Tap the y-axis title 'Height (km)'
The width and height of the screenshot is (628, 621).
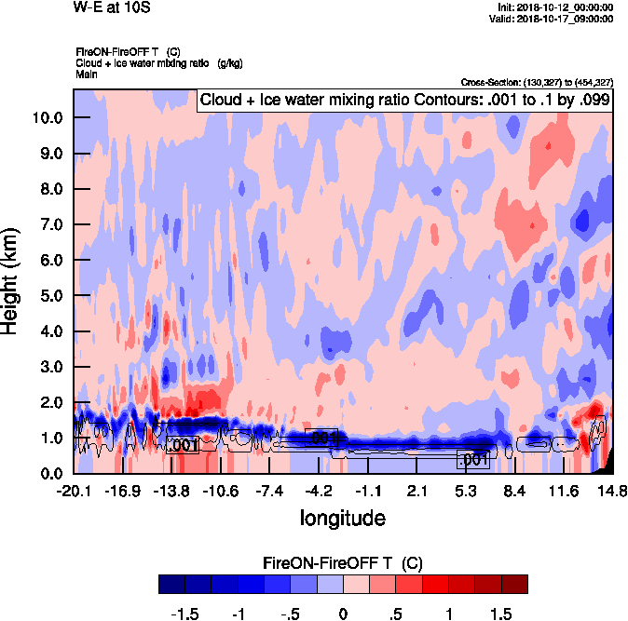(x=11, y=281)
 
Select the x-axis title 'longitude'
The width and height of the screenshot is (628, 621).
(x=343, y=517)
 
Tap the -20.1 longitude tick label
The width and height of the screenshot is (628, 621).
(x=73, y=491)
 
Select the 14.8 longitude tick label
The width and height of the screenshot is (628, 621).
(x=612, y=491)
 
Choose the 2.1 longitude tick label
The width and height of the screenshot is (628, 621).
(x=416, y=491)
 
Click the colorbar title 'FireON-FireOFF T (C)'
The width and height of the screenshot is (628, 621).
(x=343, y=563)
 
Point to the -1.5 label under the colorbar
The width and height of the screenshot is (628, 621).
(x=186, y=614)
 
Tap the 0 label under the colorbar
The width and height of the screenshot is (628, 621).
(x=343, y=614)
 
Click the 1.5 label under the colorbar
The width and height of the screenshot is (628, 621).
(x=501, y=614)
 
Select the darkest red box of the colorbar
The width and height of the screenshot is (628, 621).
(x=514, y=584)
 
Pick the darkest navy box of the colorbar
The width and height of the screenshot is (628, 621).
(x=172, y=584)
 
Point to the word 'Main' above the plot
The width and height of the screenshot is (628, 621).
(x=86, y=73)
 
